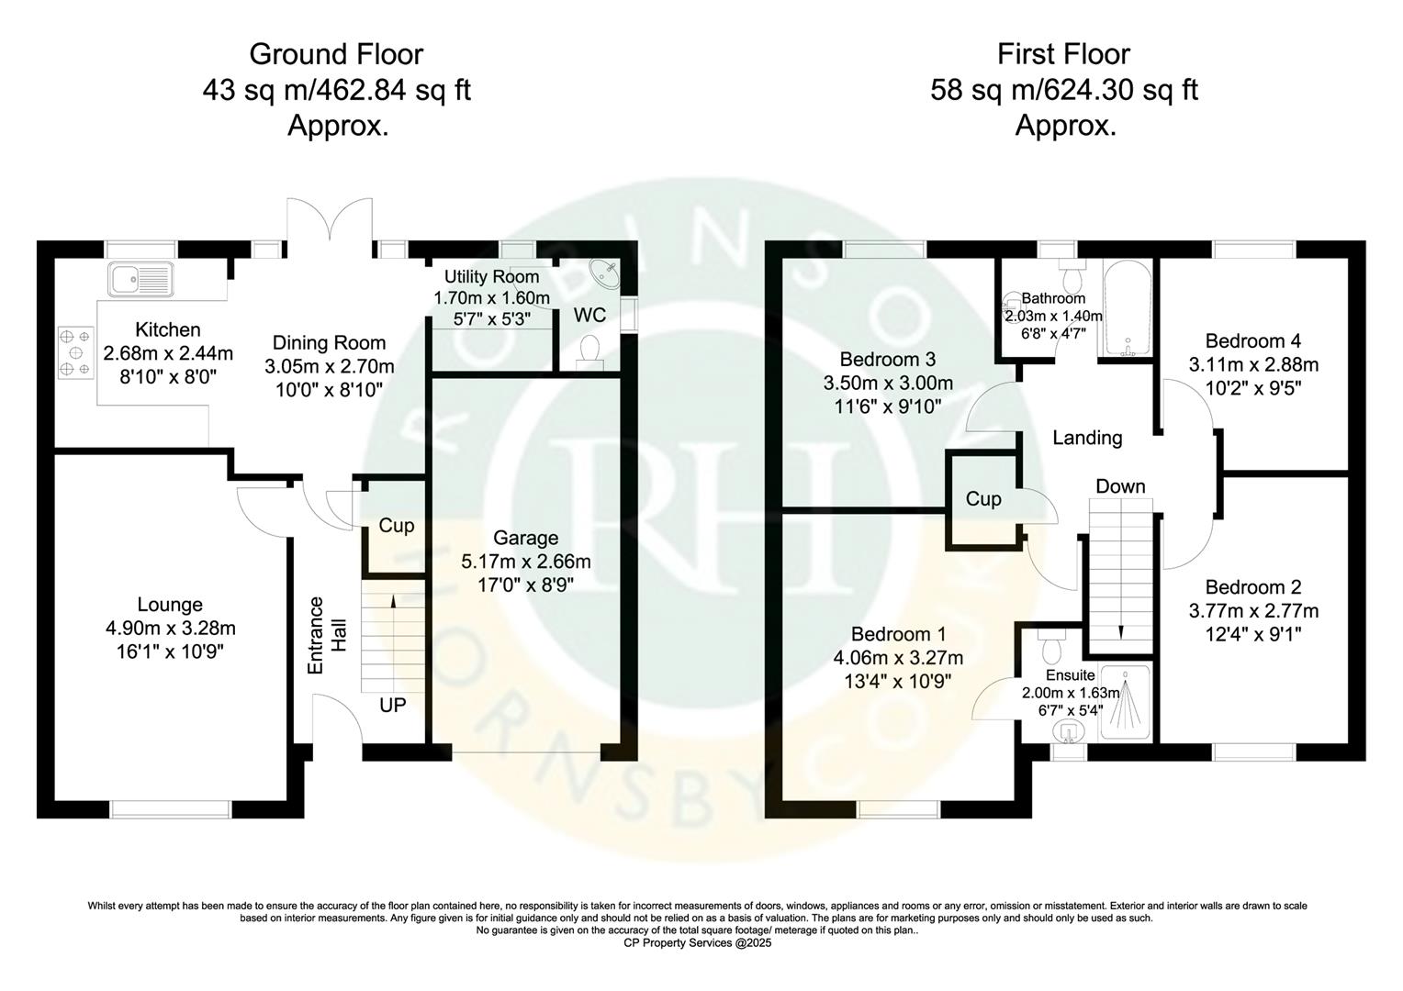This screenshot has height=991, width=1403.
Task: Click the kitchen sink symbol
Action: click(140, 278)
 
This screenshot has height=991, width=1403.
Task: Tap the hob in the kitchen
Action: click(75, 351)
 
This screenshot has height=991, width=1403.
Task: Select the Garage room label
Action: click(525, 538)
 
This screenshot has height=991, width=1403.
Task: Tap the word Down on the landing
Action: click(1120, 486)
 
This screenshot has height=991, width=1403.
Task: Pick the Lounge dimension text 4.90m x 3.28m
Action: click(170, 629)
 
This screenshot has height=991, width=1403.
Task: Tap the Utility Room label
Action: click(491, 277)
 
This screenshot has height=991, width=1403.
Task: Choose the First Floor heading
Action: click(1063, 54)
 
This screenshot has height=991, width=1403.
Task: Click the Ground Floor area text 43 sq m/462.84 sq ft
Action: click(336, 90)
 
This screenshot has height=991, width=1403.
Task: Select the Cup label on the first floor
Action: click(982, 499)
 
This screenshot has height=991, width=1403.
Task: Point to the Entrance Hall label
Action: click(327, 636)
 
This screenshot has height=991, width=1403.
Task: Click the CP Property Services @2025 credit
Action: click(698, 942)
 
